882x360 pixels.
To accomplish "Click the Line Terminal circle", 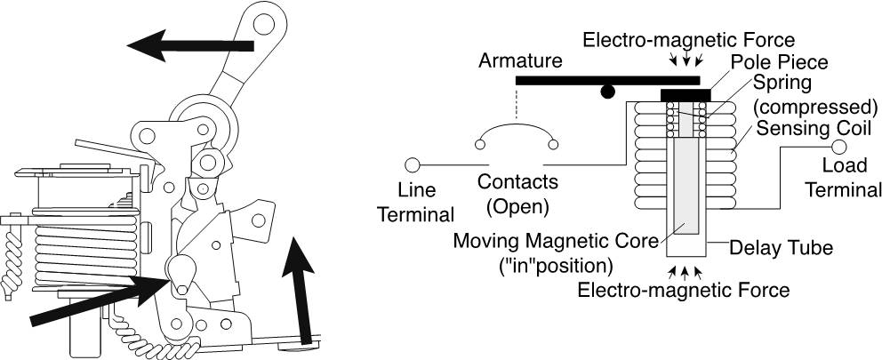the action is tap(413, 164).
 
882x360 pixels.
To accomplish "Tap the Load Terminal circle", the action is tap(838, 147).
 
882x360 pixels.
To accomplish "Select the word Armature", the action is tap(520, 60).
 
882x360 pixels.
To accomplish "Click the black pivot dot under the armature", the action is tap(607, 92).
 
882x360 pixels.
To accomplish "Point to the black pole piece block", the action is tap(686, 95).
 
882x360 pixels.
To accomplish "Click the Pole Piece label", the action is tap(780, 61).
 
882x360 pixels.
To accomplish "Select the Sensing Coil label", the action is tap(814, 128).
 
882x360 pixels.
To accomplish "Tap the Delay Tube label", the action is tap(781, 247).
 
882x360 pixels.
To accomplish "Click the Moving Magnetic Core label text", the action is tap(556, 241).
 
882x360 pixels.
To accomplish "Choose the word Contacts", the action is tap(518, 181).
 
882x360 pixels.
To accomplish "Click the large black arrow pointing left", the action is tap(190, 45).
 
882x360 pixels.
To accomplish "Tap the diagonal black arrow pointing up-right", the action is tap(99, 301).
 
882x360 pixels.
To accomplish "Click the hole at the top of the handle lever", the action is tap(261, 24).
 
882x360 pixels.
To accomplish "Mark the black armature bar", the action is tap(608, 80).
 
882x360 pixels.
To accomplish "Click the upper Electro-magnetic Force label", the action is tap(688, 40).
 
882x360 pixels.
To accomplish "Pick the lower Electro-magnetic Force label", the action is tap(684, 291).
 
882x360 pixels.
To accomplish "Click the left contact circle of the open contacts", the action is tap(480, 145).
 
